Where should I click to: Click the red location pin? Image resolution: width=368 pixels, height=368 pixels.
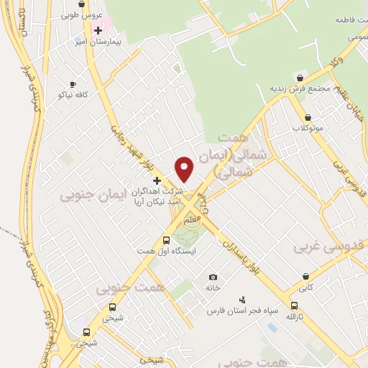185,168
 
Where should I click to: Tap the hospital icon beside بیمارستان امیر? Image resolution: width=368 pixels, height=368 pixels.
98,29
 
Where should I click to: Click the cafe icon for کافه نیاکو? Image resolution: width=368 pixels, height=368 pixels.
73,84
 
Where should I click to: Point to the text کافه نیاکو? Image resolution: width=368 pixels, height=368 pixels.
72,96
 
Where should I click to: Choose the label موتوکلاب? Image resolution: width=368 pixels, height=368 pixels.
308,128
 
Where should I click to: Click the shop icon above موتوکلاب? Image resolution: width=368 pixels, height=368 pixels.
308,117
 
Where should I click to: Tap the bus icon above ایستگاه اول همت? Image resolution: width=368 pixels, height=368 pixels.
166,240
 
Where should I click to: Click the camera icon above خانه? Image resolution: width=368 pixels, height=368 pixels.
212,277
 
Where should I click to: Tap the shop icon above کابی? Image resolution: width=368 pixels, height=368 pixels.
306,275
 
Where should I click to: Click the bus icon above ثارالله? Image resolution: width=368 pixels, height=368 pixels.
295,305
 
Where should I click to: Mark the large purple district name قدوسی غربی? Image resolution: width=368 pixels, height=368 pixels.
331,246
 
